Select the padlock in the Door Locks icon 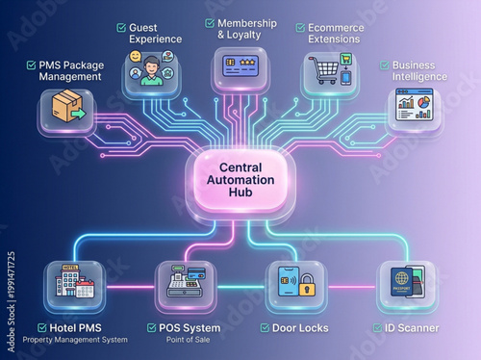click(x=307, y=286)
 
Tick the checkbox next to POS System click(x=152, y=328)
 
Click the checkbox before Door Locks click(x=265, y=328)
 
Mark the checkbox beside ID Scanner click(x=377, y=328)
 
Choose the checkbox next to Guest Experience click(x=121, y=28)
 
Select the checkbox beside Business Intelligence click(x=385, y=65)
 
